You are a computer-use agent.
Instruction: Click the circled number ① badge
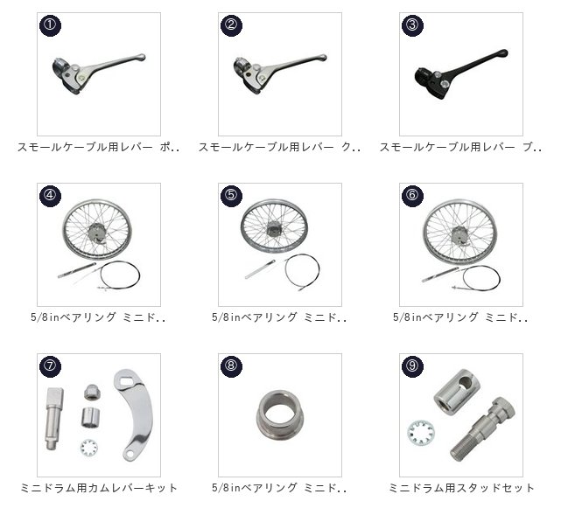point(50,25)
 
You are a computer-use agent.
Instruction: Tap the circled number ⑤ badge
point(231,196)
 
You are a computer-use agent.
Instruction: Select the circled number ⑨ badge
point(412,366)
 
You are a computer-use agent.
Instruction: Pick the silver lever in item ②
point(280,74)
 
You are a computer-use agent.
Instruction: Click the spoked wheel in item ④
point(97,229)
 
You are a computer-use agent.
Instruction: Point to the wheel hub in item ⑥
point(459,234)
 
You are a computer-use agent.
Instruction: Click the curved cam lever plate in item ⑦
point(133,414)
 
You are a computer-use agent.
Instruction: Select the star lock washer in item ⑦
point(89,448)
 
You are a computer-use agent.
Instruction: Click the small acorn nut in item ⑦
point(92,393)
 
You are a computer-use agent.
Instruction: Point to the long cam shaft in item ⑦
point(53,419)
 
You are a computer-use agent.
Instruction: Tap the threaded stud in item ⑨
point(481,429)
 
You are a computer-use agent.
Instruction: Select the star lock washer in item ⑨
point(422,433)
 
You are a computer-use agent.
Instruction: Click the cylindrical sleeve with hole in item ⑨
point(457,392)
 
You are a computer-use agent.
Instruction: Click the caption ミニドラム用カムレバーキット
point(99,488)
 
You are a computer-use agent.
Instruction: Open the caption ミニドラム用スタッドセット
point(461,488)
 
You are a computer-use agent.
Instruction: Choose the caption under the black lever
point(460,147)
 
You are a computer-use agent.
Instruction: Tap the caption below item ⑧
point(279,488)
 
